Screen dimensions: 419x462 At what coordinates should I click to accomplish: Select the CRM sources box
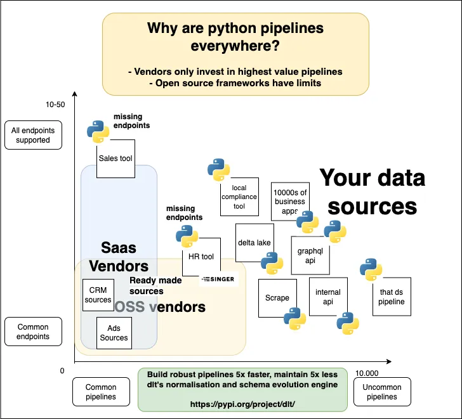point(98,295)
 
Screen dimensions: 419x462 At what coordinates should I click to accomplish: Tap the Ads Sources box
point(114,333)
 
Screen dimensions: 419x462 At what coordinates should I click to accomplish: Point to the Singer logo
point(218,279)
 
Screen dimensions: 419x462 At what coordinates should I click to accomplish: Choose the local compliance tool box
point(239,197)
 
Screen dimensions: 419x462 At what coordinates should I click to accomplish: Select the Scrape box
point(277,297)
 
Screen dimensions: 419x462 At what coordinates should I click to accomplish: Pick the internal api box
point(328,297)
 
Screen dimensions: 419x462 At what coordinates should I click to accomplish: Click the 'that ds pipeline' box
point(392,297)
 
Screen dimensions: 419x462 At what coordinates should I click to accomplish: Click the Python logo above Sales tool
point(98,131)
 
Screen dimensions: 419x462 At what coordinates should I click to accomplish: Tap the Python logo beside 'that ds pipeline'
point(371,270)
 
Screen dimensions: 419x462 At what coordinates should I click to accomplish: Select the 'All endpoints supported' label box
point(34,135)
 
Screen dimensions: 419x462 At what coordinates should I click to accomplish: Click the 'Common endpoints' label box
point(34,332)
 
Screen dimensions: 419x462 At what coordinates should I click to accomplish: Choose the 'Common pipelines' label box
point(102,392)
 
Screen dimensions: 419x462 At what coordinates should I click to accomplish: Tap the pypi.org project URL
point(242,403)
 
